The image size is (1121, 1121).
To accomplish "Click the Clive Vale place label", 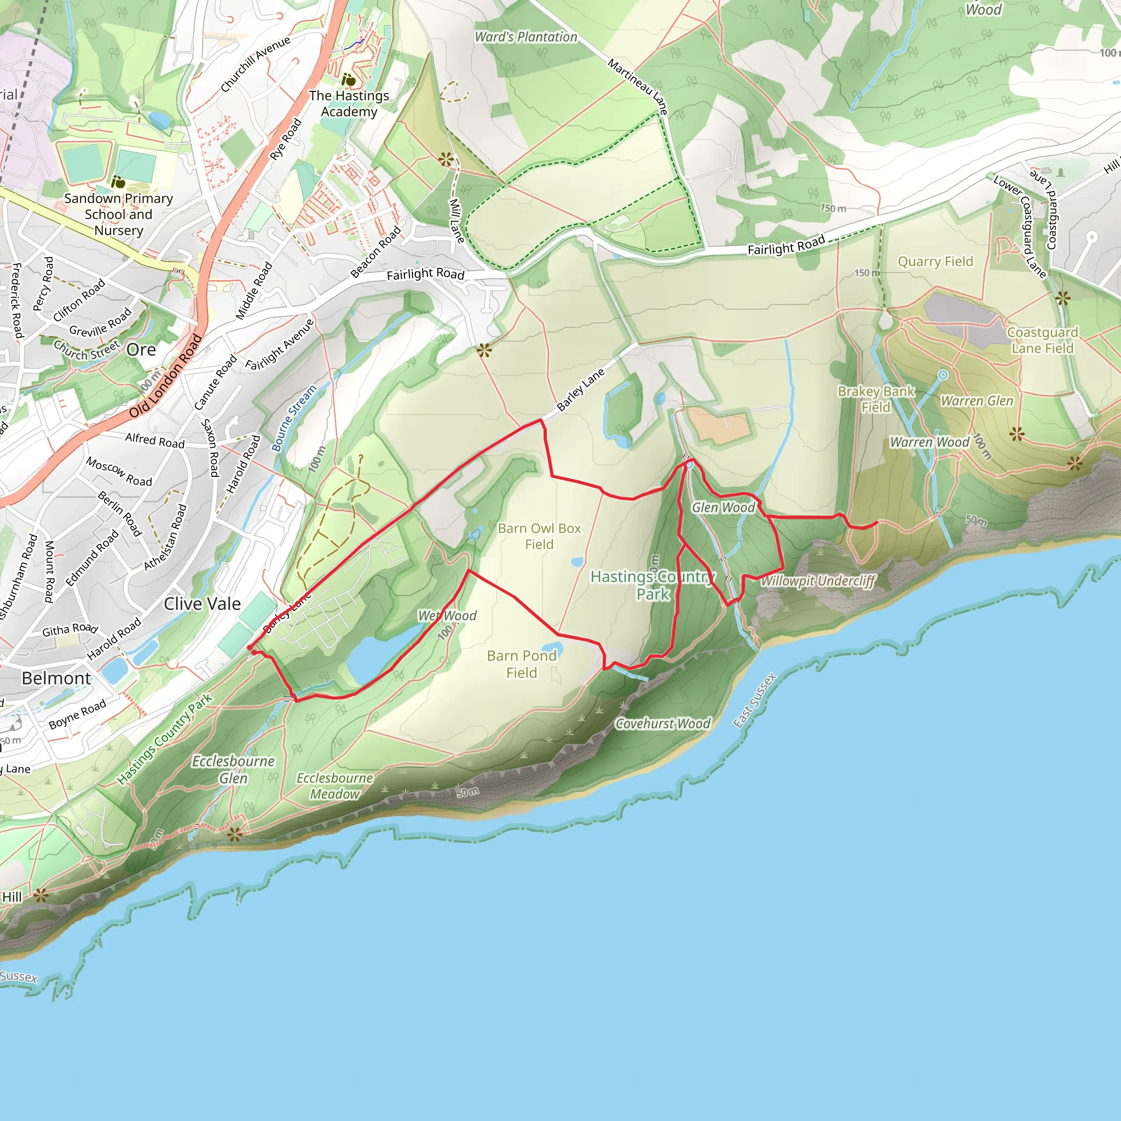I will (x=202, y=604).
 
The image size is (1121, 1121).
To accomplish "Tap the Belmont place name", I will (x=56, y=678).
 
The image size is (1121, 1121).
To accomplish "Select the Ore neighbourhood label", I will (x=141, y=350).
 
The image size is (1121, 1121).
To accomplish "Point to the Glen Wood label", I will (x=723, y=508).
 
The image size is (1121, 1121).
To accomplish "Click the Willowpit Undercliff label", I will (x=818, y=581).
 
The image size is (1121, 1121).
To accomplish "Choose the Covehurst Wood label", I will (x=663, y=724).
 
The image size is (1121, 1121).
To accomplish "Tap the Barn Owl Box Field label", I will (x=539, y=536).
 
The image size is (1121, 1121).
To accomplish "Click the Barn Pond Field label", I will (x=522, y=664).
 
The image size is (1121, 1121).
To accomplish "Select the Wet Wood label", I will (x=447, y=616).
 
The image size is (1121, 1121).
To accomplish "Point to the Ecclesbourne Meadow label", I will (x=335, y=785).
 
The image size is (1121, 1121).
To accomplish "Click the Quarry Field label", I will (x=935, y=262).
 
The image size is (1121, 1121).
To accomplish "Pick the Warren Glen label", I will (x=977, y=401).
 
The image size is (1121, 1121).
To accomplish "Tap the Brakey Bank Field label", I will (x=876, y=399).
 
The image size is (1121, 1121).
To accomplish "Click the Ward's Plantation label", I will (x=525, y=37).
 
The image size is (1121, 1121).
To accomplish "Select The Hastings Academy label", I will (x=349, y=103).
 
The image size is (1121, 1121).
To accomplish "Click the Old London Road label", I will (x=165, y=376).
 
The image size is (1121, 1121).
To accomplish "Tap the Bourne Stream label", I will (x=294, y=418).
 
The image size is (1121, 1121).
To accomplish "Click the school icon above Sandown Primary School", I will (x=118, y=182).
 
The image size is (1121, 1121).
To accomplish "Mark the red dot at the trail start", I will (x=250, y=648).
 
